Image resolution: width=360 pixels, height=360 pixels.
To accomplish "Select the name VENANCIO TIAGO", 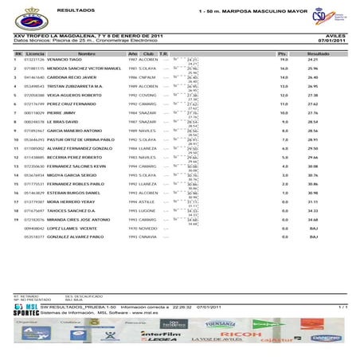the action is point(65,60).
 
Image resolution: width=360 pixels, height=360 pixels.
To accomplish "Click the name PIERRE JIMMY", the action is point(60,113).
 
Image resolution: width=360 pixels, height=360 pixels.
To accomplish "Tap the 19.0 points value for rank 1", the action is point(284,60).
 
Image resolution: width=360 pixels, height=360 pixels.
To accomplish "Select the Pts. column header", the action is point(282,53).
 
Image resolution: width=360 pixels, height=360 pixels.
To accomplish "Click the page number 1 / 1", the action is point(342,306).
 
